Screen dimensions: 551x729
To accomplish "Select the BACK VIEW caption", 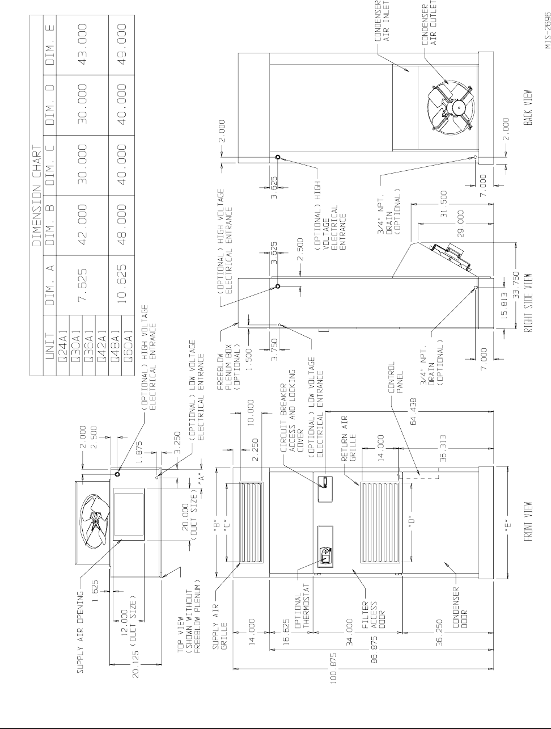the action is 528,107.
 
